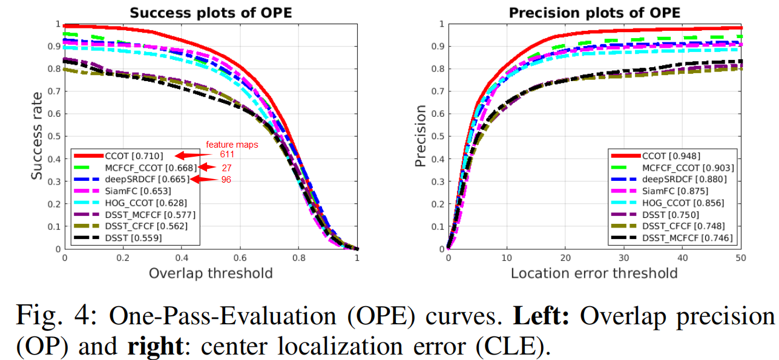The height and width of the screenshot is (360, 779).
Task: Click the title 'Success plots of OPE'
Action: click(211, 12)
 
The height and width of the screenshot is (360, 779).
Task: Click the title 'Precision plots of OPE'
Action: click(594, 12)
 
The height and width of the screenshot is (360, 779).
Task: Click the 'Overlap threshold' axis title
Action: click(211, 273)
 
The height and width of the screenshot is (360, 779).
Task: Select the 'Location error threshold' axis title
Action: click(594, 273)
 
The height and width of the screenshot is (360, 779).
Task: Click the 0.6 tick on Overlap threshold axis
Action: click(240, 257)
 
